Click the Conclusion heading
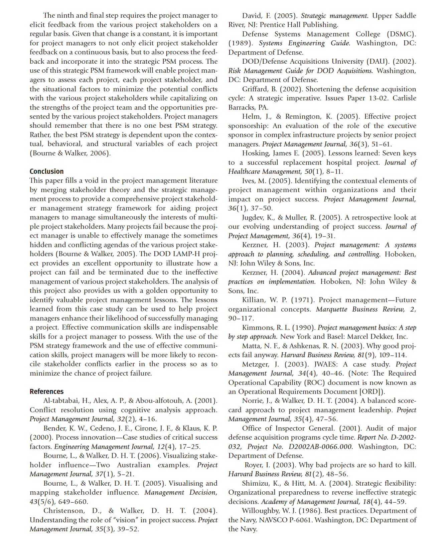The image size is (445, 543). [46, 171]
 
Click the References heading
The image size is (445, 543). [46, 392]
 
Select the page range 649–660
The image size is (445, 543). [73, 502]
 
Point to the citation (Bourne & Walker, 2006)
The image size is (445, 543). [70, 153]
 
